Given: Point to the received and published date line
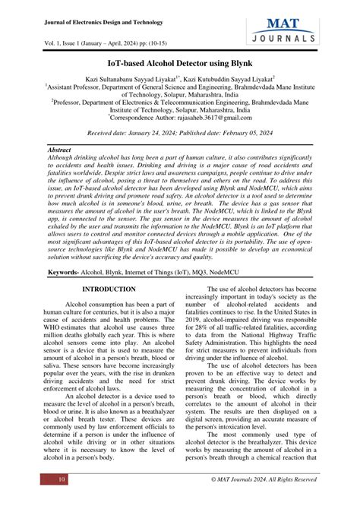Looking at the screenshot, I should (x=179, y=133).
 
